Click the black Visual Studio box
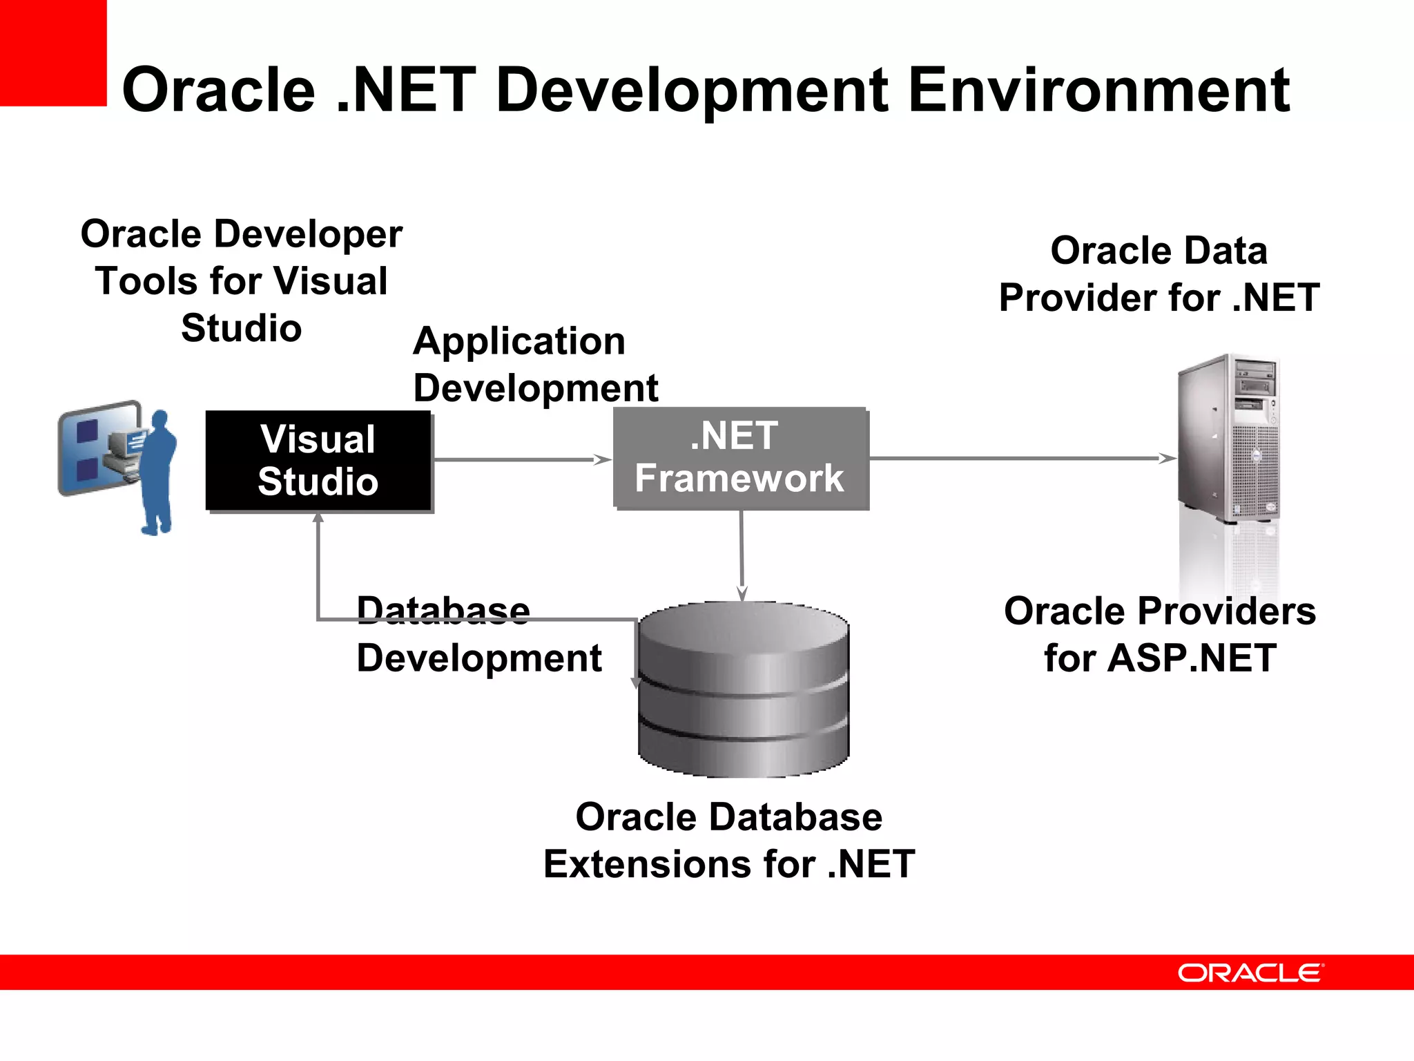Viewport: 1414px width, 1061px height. pos(318,461)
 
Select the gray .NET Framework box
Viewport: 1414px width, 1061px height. pos(740,458)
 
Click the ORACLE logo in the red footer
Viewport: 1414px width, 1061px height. pos(1250,973)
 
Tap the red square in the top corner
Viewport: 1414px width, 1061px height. pos(52,52)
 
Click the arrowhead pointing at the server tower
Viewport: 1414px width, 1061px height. pos(1167,458)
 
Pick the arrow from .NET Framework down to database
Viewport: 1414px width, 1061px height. pos(742,553)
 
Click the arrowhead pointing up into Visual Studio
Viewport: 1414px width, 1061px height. pos(318,518)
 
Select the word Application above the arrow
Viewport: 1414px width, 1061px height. pos(519,341)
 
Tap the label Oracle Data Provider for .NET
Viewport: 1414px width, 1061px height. pos(1159,274)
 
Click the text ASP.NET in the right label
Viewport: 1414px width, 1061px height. pos(1192,658)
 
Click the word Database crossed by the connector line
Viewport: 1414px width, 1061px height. pos(443,611)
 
